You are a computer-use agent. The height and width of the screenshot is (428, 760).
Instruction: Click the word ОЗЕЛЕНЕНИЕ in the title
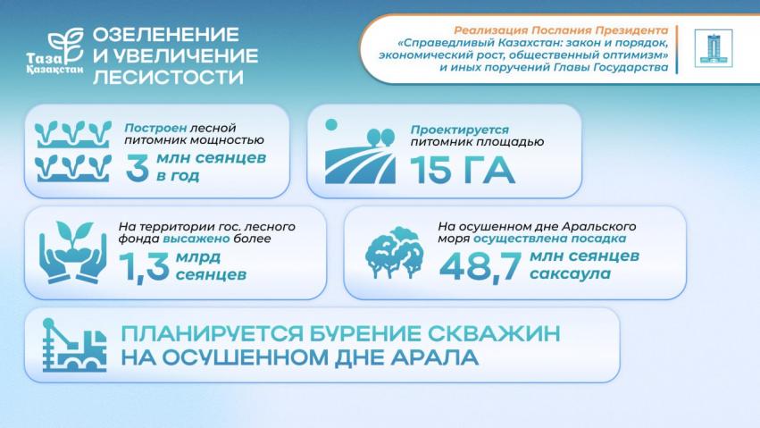pyautogui.click(x=166, y=35)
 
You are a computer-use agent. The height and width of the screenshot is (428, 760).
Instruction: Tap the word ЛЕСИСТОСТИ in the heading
pyautogui.click(x=168, y=77)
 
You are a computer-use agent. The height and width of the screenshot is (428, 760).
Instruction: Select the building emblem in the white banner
pyautogui.click(x=713, y=48)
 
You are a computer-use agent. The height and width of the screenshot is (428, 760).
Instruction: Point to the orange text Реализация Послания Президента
pyautogui.click(x=561, y=30)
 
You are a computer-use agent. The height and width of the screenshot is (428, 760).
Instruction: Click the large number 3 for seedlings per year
pyautogui.click(x=138, y=168)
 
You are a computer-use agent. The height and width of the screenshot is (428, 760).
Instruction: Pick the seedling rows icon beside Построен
pyautogui.click(x=72, y=151)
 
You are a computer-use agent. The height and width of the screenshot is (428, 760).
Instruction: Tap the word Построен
pyautogui.click(x=155, y=128)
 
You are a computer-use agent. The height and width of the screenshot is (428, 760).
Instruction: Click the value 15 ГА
pyautogui.click(x=462, y=170)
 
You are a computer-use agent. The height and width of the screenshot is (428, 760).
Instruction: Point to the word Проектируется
pyautogui.click(x=460, y=130)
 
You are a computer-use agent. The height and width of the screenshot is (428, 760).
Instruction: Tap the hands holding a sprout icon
pyautogui.click(x=72, y=252)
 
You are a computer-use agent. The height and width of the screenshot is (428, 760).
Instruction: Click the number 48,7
pyautogui.click(x=480, y=266)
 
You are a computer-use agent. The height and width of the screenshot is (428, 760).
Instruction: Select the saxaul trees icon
pyautogui.click(x=394, y=253)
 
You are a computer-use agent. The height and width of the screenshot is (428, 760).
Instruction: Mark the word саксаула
pyautogui.click(x=570, y=273)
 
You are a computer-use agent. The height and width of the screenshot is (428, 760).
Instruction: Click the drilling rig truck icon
pyautogui.click(x=74, y=345)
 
